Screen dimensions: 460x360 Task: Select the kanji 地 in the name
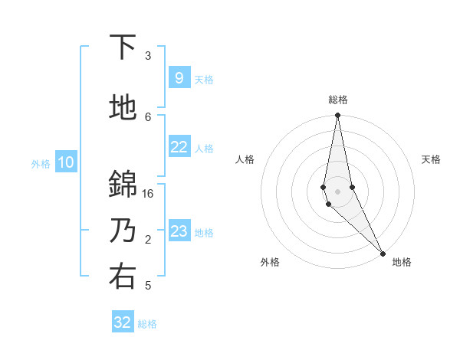tap(123, 108)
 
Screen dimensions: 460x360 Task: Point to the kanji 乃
tap(123, 231)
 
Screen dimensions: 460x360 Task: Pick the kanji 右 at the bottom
tap(123, 277)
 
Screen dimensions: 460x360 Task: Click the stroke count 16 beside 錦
tap(148, 194)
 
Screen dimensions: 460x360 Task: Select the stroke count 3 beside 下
tap(148, 56)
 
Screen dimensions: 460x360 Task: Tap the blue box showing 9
tap(179, 78)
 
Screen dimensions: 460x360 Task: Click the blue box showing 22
tap(179, 147)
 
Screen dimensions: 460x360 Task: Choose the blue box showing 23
tap(179, 231)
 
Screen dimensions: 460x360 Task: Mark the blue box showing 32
tap(123, 322)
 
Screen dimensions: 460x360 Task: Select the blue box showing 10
tap(65, 162)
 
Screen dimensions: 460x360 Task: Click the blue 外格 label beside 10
tap(41, 163)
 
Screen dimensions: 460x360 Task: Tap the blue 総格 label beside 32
tap(147, 324)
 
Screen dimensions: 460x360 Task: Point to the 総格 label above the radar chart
tap(337, 100)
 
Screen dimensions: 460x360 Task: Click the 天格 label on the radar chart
tap(432, 159)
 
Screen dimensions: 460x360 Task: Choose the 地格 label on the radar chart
tap(402, 262)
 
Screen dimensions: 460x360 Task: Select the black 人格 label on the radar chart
tap(245, 159)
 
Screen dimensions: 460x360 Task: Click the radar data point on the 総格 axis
tap(337, 116)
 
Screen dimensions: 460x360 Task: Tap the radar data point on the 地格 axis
tap(383, 251)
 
